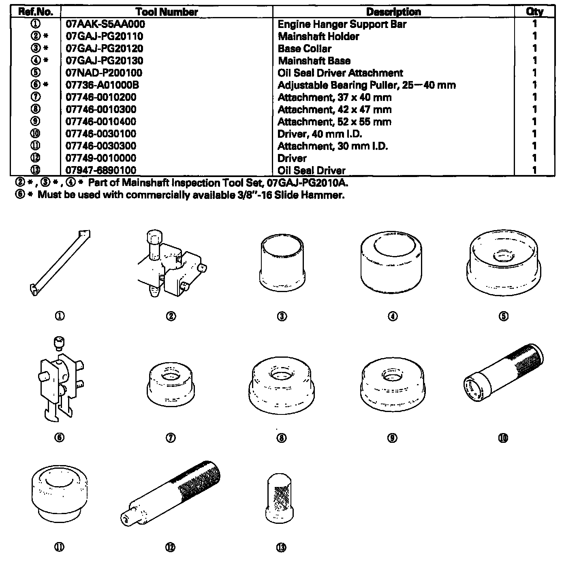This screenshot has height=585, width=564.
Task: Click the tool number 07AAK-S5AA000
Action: point(105,24)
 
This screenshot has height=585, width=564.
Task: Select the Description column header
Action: point(393,12)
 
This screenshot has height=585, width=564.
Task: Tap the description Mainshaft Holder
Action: point(318,36)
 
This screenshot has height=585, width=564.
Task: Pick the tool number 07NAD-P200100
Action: point(104,73)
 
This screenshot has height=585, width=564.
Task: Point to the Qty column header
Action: point(534,12)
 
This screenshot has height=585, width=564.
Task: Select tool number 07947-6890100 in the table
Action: point(101,170)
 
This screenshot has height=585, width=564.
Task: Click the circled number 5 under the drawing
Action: point(504,316)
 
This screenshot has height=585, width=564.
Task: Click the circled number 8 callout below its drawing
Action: point(282,438)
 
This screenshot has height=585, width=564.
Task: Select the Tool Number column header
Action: point(167,12)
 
